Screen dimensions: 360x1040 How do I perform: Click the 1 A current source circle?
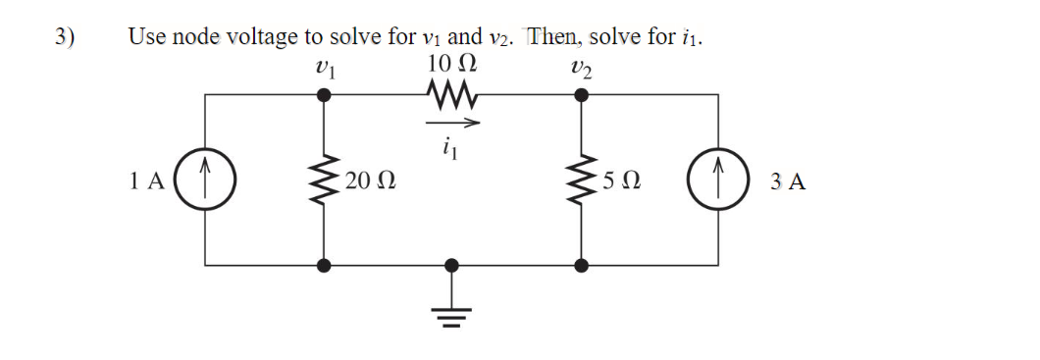[204, 180]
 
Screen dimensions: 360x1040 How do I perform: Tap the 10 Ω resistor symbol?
[452, 95]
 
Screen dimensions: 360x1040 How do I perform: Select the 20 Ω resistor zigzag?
[326, 180]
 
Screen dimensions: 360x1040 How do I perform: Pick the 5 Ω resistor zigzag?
[581, 180]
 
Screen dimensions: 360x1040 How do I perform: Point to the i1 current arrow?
[452, 124]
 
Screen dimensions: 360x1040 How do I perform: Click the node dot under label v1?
[326, 95]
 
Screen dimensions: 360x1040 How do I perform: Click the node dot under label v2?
[581, 95]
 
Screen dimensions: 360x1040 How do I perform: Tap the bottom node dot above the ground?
[451, 265]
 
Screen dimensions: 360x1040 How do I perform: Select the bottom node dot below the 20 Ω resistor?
[326, 265]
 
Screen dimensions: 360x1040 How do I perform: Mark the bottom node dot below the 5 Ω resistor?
[581, 265]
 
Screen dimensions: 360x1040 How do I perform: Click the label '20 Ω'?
[370, 181]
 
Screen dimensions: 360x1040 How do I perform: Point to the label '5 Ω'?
[623, 181]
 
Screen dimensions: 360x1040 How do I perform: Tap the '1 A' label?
[146, 181]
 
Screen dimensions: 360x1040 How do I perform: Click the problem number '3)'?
[65, 38]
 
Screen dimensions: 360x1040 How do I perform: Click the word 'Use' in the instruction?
[147, 38]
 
